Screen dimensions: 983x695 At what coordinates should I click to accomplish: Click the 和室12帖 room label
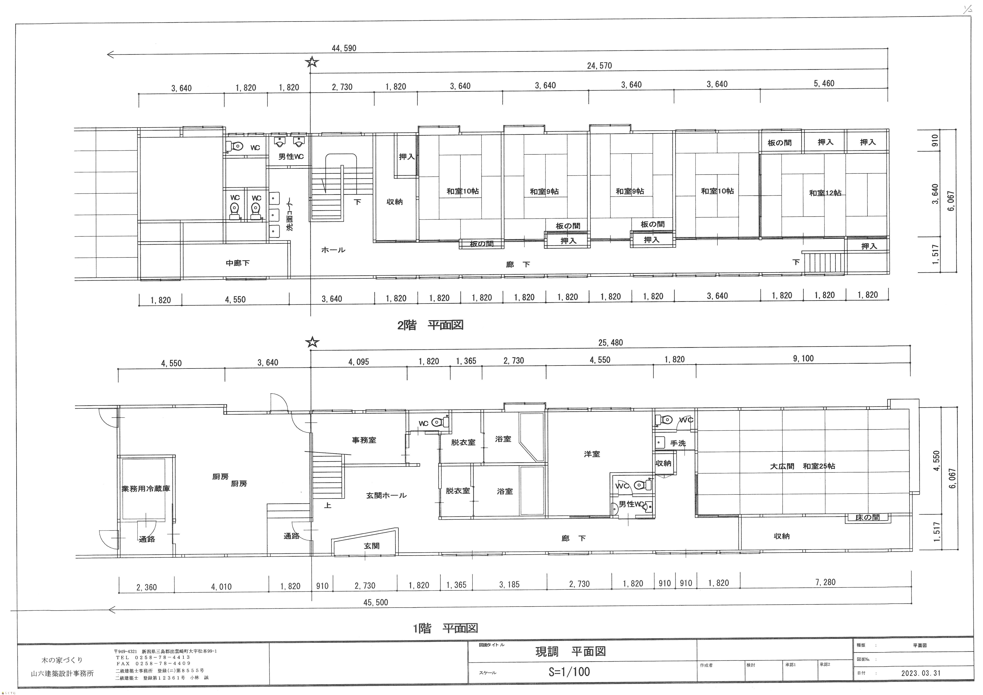click(x=825, y=193)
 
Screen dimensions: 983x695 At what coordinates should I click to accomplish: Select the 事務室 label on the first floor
click(x=364, y=440)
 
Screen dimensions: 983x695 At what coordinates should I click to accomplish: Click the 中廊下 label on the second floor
click(x=238, y=263)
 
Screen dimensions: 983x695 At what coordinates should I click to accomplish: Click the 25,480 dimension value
click(x=611, y=343)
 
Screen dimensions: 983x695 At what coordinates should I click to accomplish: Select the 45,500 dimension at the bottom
click(x=376, y=602)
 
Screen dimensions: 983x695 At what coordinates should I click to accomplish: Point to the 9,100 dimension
click(x=803, y=358)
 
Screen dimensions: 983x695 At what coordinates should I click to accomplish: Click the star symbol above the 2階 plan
click(x=312, y=62)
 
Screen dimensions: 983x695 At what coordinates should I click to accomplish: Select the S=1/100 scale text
click(x=569, y=671)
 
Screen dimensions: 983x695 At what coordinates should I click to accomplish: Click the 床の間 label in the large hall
click(x=867, y=517)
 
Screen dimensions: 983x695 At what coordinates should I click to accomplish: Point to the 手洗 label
click(x=678, y=443)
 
